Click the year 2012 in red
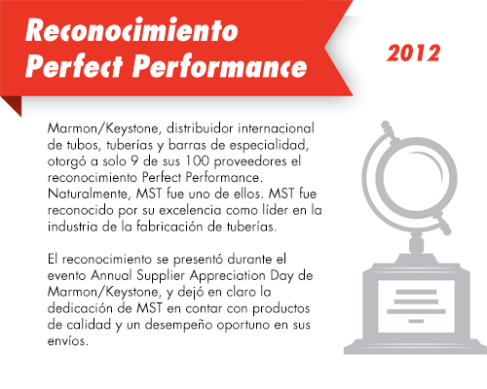point(413,53)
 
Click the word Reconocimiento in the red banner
point(131,30)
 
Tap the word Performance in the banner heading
point(220,66)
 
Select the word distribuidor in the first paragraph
point(200,128)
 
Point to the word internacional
point(276,128)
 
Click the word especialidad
point(269,145)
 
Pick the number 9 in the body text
point(134,161)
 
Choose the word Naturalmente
point(90,194)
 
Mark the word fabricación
point(169,227)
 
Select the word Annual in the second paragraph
point(111,275)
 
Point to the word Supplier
point(161,276)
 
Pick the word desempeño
point(178,325)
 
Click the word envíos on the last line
point(68,341)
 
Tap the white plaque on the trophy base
point(416,306)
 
